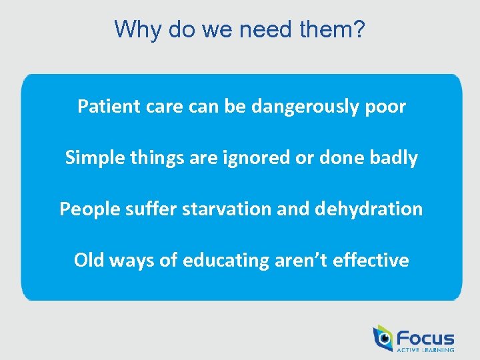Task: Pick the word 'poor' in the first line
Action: (386, 107)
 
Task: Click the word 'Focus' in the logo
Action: (425, 338)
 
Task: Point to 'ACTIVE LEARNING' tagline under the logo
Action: (425, 349)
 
